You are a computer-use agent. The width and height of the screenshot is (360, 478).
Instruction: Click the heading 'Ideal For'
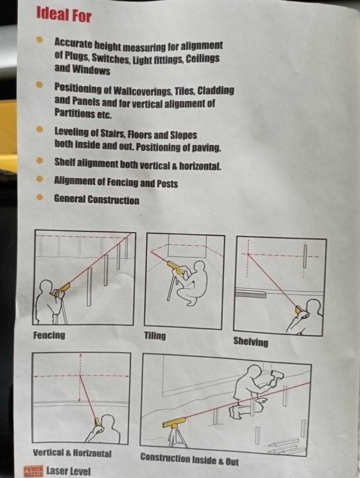click(x=63, y=14)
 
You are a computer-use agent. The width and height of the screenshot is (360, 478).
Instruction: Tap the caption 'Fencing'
click(x=49, y=335)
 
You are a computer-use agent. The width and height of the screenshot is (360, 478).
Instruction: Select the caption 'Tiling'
click(x=155, y=336)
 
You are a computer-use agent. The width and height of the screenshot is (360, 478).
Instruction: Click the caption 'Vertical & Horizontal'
click(x=72, y=453)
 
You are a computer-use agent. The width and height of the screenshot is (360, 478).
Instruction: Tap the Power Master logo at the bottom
click(x=33, y=471)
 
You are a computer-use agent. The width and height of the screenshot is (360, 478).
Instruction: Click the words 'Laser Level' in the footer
click(x=68, y=471)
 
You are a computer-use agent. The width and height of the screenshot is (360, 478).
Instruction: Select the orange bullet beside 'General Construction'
click(x=40, y=199)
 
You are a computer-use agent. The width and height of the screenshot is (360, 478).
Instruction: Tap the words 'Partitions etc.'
click(x=83, y=114)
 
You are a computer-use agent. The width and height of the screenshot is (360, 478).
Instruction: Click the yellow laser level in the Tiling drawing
click(x=176, y=269)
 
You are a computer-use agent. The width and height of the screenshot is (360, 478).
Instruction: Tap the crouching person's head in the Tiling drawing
click(x=199, y=266)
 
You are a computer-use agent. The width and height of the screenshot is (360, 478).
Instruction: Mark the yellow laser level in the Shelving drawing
click(x=299, y=309)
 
